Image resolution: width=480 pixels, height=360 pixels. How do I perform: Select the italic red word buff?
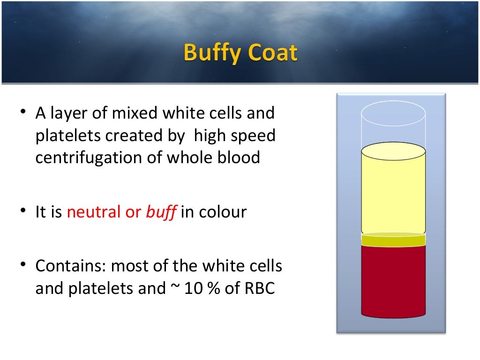coord(161,212)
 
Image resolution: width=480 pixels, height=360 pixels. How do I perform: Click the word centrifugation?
coord(99,157)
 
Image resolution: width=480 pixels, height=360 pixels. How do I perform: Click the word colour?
coord(223,212)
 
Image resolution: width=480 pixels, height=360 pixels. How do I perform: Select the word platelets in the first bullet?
coord(68,135)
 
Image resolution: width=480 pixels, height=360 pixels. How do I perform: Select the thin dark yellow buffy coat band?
coord(393,240)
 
